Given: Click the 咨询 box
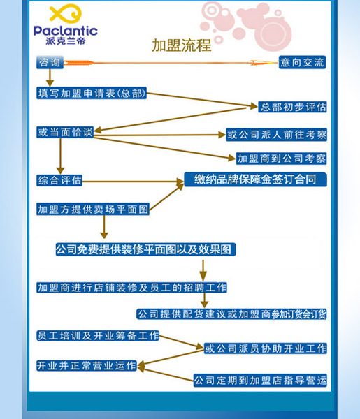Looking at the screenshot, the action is pos(50,63).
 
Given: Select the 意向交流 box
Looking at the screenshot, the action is pos(302,62).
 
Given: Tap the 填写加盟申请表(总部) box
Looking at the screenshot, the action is pos(92,93).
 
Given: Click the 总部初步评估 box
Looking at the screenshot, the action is pos(292,107).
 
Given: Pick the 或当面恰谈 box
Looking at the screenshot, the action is pos(65,132).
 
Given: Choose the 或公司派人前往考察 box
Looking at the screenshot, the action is pos(277,135).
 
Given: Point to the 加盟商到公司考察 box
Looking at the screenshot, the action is pos(282,159).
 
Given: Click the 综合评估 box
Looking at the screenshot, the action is pos(59,180).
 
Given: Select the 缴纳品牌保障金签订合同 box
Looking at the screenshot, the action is pos(255,179).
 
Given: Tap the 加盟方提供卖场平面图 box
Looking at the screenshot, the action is pos(93,209).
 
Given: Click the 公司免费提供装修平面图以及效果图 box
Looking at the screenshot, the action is pos(145,249).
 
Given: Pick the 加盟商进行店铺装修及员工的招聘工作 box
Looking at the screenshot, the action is pos(131,288).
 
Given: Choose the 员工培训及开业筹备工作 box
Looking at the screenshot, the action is pos(98,336).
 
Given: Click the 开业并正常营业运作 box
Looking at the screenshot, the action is pos(87,365).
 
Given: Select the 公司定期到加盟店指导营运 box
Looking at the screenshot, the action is pos(260,380).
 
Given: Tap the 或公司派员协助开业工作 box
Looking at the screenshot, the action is pos(266,348).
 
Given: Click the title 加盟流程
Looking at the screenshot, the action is pos(182,45).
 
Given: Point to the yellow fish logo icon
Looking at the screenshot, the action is pos(66,13).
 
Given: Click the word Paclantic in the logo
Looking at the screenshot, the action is pos(66,31).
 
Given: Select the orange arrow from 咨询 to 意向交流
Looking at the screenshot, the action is pos(171,63).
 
